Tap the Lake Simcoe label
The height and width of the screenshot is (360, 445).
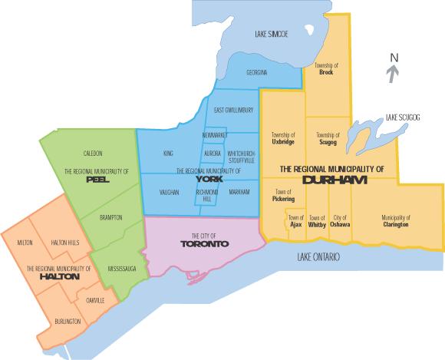click(x=272, y=35)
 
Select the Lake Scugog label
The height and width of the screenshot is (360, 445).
click(x=404, y=117)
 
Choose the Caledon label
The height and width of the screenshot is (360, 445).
click(x=93, y=153)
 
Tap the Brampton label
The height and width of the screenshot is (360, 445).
click(x=111, y=218)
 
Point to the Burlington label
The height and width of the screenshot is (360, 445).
click(x=68, y=321)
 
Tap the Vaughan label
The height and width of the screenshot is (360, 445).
click(x=170, y=191)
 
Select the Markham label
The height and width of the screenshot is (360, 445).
click(x=239, y=191)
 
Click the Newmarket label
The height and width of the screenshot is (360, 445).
click(x=215, y=135)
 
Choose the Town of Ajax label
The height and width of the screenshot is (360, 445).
click(x=295, y=221)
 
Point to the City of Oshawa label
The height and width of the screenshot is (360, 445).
click(x=341, y=221)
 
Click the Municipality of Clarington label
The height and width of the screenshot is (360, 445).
click(x=395, y=221)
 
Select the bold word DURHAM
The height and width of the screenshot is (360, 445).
click(x=334, y=180)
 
